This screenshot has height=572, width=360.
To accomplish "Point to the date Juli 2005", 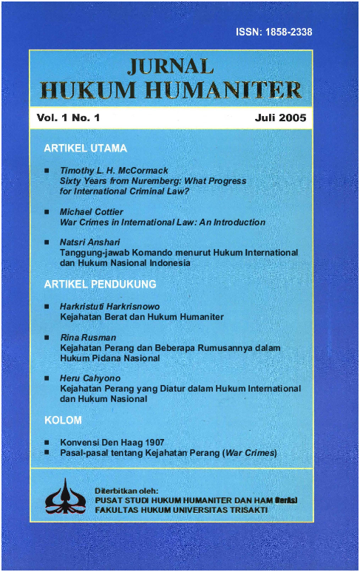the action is (279, 118).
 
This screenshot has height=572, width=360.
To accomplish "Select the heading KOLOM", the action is (63, 421).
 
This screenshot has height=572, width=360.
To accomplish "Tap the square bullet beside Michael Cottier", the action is (47, 212).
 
